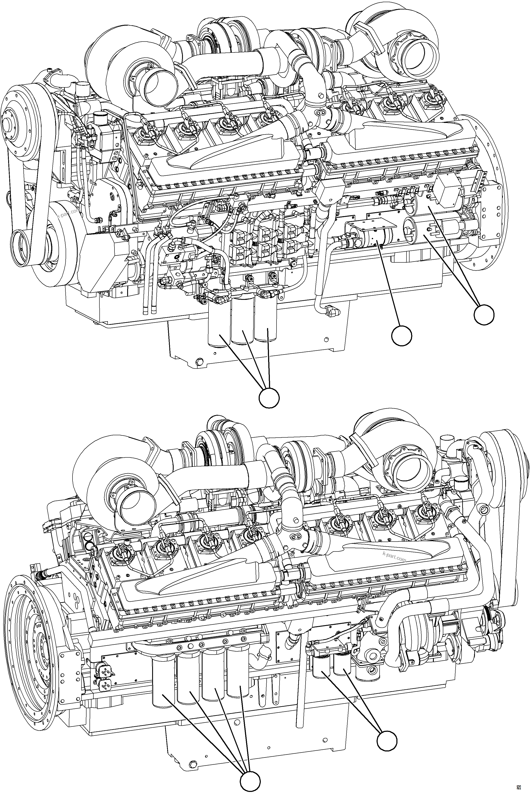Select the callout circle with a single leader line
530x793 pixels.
click(x=402, y=336)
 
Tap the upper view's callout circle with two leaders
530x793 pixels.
click(x=484, y=314)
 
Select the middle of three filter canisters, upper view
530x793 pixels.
click(x=242, y=323)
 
